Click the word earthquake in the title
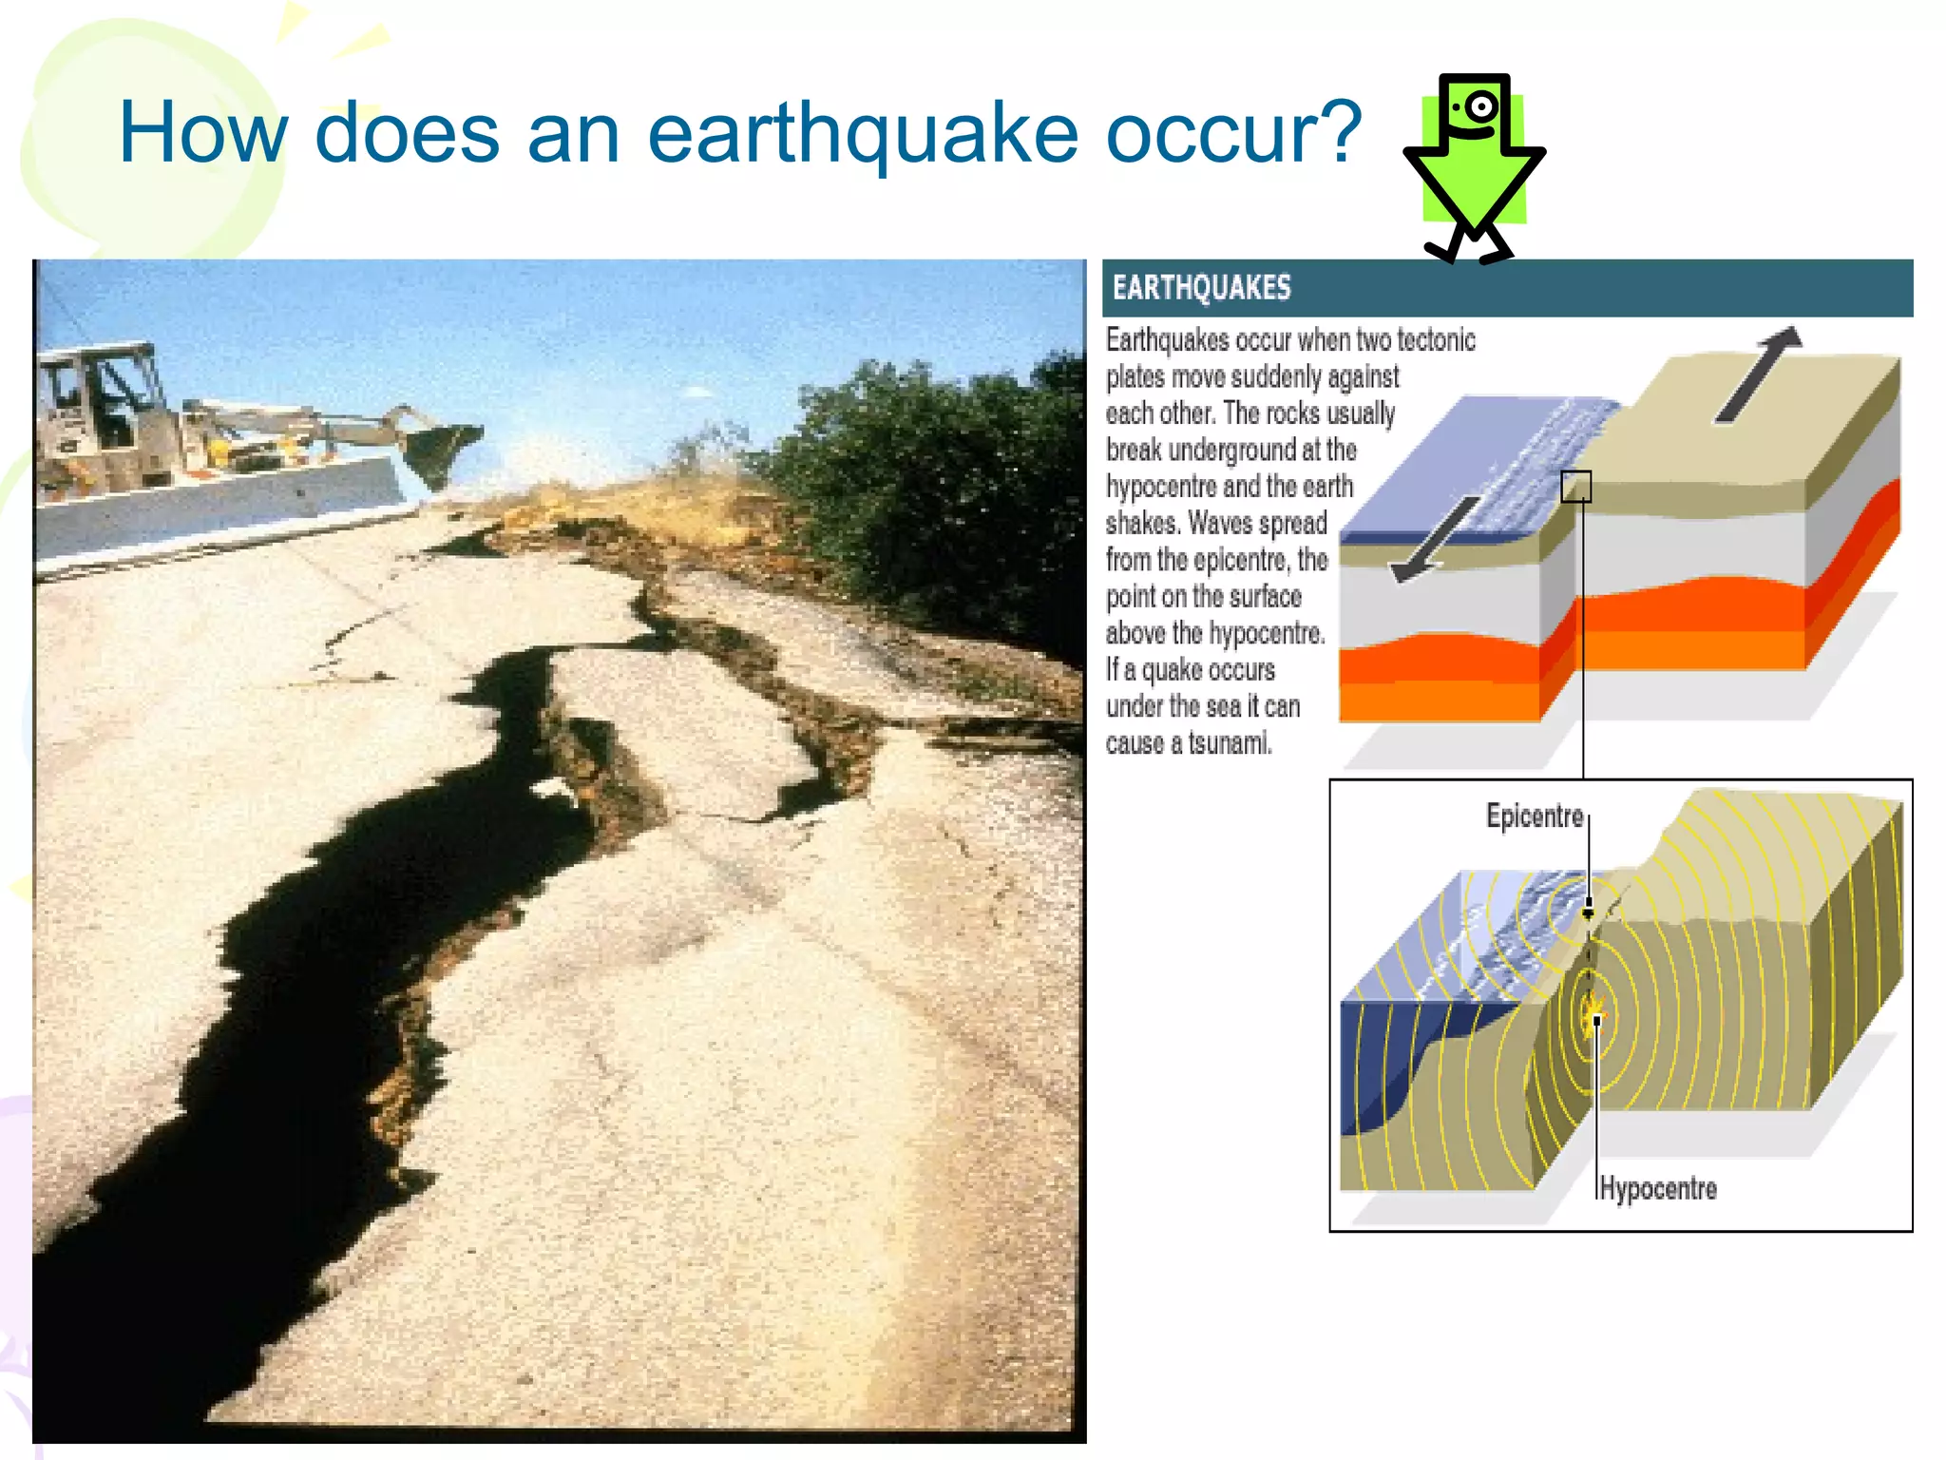coord(862,134)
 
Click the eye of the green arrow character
coord(1479,107)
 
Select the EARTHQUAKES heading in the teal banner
coord(1201,288)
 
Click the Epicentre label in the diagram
coord(1534,816)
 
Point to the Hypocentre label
coord(1658,1188)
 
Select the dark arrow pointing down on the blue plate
coord(1435,540)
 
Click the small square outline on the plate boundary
coord(1575,487)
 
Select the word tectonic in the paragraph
coord(1435,340)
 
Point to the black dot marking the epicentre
coord(1588,912)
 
